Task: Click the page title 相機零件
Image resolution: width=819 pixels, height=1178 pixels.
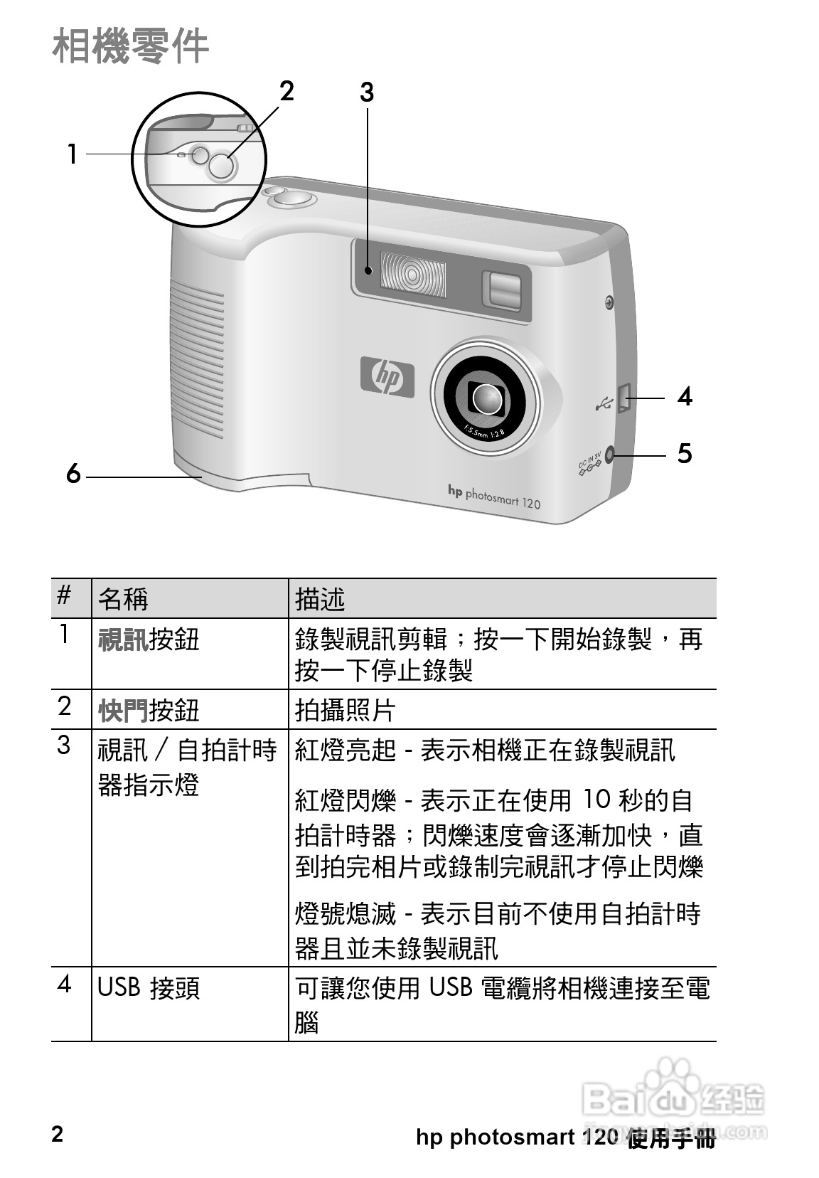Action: pyautogui.click(x=130, y=46)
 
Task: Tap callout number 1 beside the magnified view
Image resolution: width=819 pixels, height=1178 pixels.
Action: pyautogui.click(x=72, y=154)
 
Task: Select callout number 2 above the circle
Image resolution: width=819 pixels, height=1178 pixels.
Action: pyautogui.click(x=286, y=91)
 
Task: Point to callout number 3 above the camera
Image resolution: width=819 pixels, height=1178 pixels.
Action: pyautogui.click(x=366, y=92)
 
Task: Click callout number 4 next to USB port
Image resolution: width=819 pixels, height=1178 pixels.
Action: pyautogui.click(x=685, y=396)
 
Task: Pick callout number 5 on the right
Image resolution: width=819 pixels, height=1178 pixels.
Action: pyautogui.click(x=684, y=453)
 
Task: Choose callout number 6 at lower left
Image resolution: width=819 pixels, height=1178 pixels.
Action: pyautogui.click(x=73, y=473)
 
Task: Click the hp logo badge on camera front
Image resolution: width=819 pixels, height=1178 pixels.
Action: pyautogui.click(x=387, y=376)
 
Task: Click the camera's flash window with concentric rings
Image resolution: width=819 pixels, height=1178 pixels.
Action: pyautogui.click(x=413, y=275)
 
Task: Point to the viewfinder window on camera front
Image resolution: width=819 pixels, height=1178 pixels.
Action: pyautogui.click(x=502, y=290)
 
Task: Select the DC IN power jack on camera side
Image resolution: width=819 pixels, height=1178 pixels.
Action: pyautogui.click(x=609, y=452)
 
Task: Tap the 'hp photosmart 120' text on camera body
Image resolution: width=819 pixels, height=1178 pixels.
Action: pyautogui.click(x=494, y=497)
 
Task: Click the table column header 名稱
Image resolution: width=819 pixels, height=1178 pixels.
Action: pyautogui.click(x=123, y=599)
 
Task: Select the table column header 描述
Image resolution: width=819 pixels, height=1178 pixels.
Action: pyautogui.click(x=320, y=599)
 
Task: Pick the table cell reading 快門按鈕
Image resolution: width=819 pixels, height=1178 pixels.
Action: pyautogui.click(x=149, y=710)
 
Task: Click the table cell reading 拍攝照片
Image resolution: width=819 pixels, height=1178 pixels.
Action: pyautogui.click(x=345, y=710)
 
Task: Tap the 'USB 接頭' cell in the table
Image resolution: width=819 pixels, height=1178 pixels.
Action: pyautogui.click(x=149, y=987)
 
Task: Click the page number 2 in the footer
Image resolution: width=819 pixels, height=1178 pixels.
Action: pyautogui.click(x=58, y=1134)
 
